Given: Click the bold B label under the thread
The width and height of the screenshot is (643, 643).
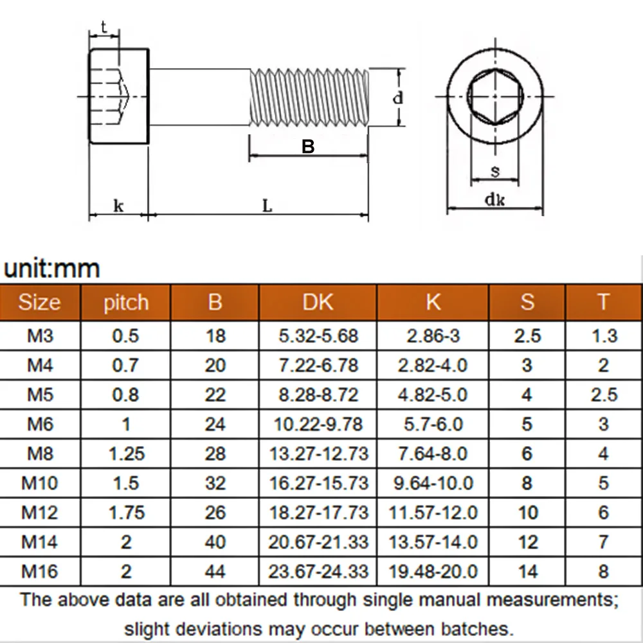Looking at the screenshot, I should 309,147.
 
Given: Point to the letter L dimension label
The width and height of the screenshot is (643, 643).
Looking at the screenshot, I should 267,206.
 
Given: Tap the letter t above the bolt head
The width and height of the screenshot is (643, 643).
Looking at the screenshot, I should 104,26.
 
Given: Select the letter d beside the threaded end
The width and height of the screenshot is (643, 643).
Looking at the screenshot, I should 398,98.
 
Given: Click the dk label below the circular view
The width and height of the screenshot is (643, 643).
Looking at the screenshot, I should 494,200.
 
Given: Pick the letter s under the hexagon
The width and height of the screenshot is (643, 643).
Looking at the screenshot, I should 494,170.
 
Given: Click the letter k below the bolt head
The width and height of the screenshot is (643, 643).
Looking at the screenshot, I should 118,206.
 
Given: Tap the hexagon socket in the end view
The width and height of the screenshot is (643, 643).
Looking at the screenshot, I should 494,96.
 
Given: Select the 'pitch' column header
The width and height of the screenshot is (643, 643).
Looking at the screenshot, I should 125,302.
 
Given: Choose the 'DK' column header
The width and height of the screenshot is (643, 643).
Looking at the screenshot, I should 318,302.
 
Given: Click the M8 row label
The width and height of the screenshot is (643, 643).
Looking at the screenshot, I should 40,453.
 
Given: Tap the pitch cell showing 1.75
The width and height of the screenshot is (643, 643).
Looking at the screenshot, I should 126,512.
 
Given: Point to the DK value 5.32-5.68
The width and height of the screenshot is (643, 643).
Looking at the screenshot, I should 318,336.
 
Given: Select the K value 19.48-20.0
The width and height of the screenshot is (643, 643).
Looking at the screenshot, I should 433,571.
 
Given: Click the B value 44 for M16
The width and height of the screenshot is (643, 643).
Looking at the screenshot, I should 215,571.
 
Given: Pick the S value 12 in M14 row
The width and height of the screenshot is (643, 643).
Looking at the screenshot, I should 527,542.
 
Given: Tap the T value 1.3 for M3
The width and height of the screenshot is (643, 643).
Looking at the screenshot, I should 603,336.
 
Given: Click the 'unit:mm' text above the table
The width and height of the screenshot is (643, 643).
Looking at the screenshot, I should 51,268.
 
